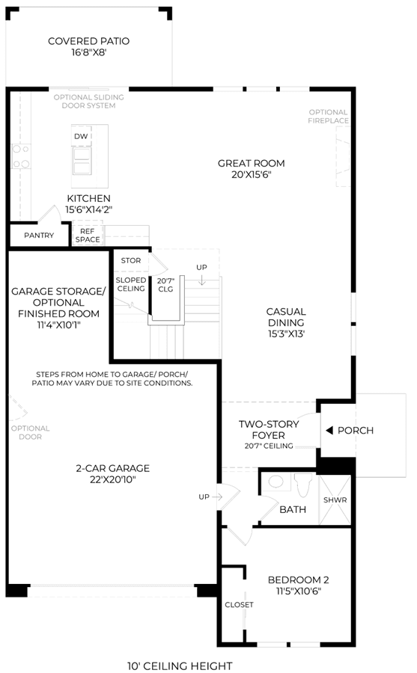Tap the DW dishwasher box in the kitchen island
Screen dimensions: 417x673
(x=82, y=136)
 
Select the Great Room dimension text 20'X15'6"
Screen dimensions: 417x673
(x=252, y=175)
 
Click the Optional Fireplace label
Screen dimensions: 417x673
(x=329, y=117)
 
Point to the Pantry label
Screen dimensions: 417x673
(x=39, y=236)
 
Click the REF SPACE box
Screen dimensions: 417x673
(x=88, y=236)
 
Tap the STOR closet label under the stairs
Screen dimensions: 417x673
(x=131, y=260)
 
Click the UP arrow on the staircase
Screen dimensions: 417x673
(x=202, y=280)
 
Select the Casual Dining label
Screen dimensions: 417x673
(x=286, y=317)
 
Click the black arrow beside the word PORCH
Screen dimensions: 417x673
(x=329, y=430)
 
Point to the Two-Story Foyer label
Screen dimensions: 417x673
(x=269, y=430)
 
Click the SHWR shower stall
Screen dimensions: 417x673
(x=335, y=500)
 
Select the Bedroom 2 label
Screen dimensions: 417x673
(x=299, y=580)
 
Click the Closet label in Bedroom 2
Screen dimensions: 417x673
(x=239, y=605)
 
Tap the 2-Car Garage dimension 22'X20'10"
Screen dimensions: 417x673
(x=113, y=479)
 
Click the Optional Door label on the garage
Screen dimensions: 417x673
(x=30, y=432)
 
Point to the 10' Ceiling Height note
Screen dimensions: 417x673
(x=180, y=666)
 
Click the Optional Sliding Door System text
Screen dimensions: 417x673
(x=88, y=101)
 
